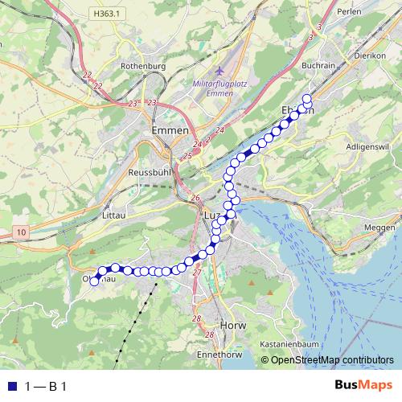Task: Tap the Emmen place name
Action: tap(170, 129)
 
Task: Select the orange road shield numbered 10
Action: tap(20, 232)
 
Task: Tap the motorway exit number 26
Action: tap(195, 198)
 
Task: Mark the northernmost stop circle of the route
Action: tap(306, 99)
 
